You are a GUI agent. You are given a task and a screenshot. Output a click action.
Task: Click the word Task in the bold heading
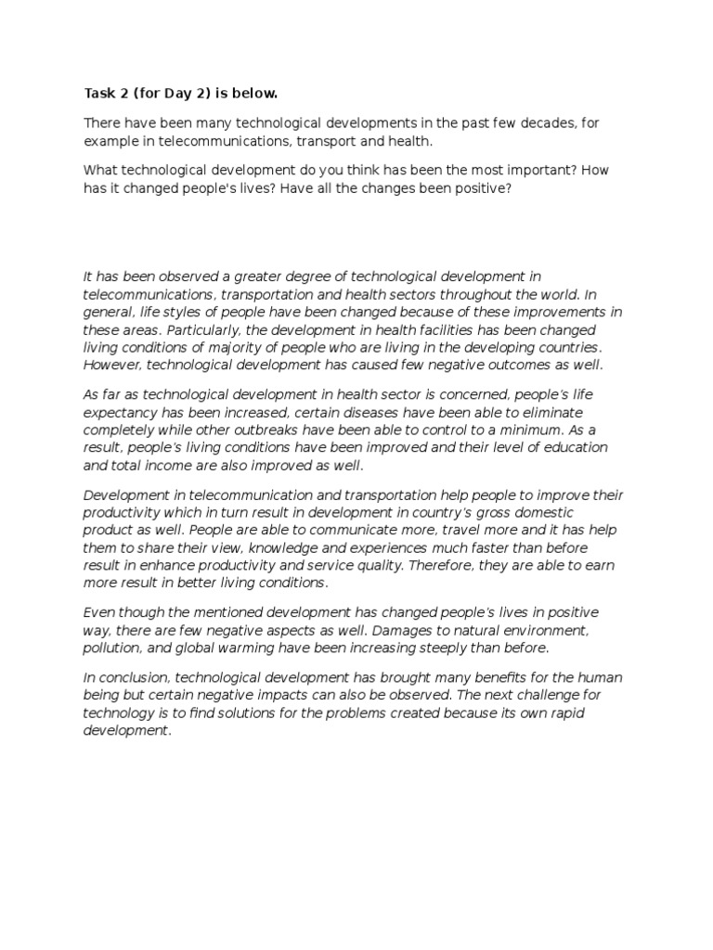(98, 94)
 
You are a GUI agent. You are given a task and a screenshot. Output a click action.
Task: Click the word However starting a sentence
(113, 365)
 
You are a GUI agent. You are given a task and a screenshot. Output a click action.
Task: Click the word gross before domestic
(480, 512)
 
